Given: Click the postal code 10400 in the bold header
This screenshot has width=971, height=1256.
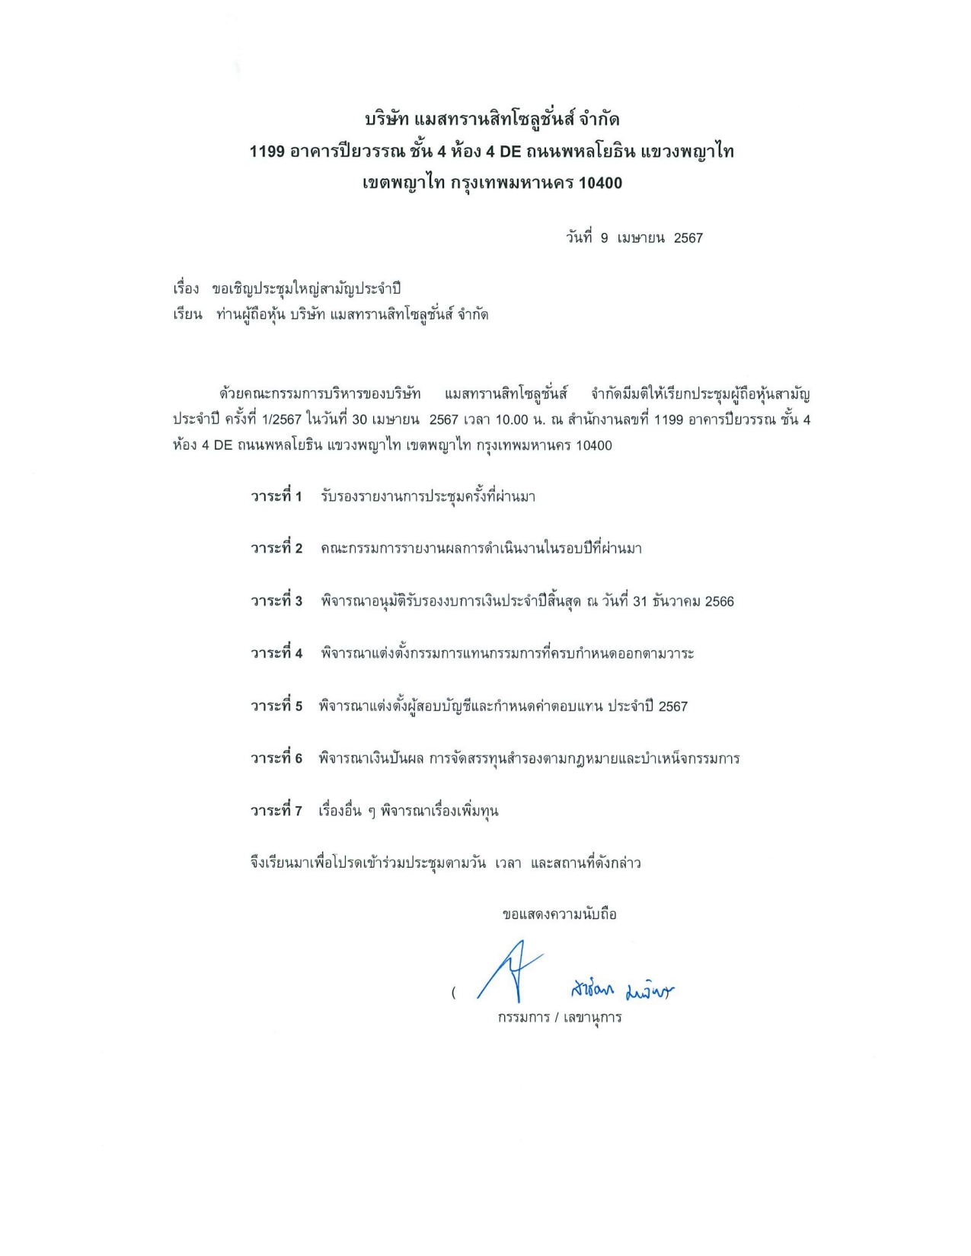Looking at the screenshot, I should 600,183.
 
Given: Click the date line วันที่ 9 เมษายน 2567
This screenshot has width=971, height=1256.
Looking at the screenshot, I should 634,237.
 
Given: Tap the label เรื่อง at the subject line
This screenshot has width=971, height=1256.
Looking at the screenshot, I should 186,288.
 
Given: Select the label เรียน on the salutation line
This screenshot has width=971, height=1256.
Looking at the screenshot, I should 187,314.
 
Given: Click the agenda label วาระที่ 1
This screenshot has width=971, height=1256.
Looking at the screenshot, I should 276,496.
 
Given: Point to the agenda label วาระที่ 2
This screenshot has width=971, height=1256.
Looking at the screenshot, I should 276,548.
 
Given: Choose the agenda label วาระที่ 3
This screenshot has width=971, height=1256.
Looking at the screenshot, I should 276,601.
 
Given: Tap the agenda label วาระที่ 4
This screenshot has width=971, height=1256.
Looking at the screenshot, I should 276,653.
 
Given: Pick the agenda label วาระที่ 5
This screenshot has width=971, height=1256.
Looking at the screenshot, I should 276,706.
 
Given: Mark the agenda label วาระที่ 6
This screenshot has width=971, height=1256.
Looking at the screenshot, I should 276,758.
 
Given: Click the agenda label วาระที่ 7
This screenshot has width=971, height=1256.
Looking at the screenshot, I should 276,811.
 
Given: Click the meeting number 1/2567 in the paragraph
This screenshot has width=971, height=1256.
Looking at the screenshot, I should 281,419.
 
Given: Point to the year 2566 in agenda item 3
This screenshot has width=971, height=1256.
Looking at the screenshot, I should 719,601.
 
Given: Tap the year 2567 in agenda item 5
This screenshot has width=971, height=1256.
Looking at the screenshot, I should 672,706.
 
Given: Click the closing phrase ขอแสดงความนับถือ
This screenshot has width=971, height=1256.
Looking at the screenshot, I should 559,914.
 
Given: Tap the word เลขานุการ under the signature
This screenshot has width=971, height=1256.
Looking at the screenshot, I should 593,1017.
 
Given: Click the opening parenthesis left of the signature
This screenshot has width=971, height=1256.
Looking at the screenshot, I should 454,993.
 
